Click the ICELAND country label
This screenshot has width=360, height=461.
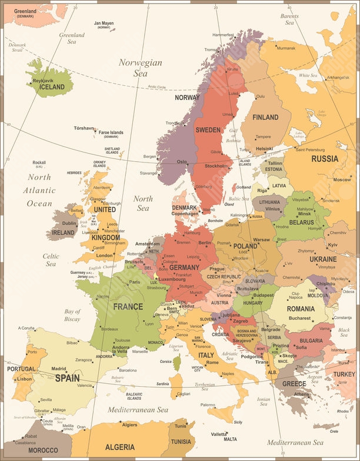[x=52, y=87]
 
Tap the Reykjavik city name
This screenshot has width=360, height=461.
[x=43, y=79]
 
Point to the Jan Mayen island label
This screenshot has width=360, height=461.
[x=104, y=24]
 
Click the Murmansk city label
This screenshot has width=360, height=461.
[x=286, y=48]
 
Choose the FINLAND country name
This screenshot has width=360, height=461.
[x=265, y=117]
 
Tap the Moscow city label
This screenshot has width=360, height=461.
[x=342, y=179]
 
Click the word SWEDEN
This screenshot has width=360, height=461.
[x=208, y=130]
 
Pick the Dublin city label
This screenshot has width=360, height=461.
[x=69, y=223]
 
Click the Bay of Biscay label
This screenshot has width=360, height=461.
[x=72, y=315]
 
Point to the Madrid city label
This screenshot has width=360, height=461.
[x=59, y=369]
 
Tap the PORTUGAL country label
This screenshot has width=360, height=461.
[x=21, y=369]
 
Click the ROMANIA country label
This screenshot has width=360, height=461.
[x=301, y=308]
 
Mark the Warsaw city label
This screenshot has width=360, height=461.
[x=261, y=240]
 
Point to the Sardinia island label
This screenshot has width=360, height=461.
[x=163, y=383]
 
